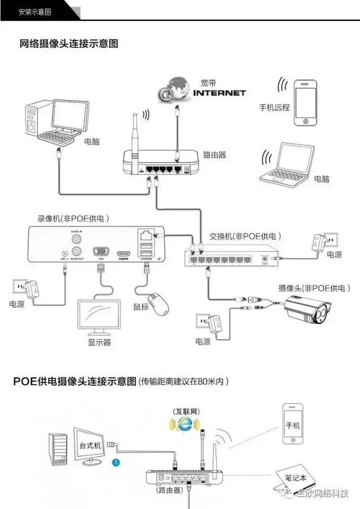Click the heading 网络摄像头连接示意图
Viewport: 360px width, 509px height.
(x=69, y=43)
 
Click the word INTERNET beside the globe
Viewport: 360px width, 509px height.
(x=219, y=92)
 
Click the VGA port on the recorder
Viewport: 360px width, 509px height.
(x=101, y=253)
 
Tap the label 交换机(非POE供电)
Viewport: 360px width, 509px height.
(x=245, y=236)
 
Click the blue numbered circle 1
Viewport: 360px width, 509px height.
(x=116, y=462)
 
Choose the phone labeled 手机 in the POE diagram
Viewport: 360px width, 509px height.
(x=293, y=425)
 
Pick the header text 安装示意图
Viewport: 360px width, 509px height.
(x=35, y=12)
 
